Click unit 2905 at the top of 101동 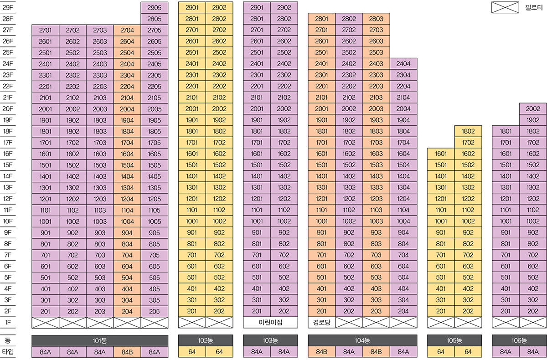point(155,8)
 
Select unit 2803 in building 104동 point(376,19)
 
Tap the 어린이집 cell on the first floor point(270,323)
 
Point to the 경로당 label point(321,323)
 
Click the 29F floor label point(8,8)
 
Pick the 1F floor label point(8,323)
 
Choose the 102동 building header point(206,340)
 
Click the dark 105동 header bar point(454,340)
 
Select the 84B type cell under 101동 point(127,352)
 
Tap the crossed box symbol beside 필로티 point(505,8)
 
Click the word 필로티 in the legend point(534,8)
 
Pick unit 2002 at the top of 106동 point(533,109)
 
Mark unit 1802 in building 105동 point(468,131)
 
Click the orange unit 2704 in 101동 point(127,31)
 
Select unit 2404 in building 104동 point(403,64)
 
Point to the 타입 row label point(8,352)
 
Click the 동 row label point(8,340)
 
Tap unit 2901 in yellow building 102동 point(192,8)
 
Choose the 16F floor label point(8,154)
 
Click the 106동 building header point(519,340)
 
